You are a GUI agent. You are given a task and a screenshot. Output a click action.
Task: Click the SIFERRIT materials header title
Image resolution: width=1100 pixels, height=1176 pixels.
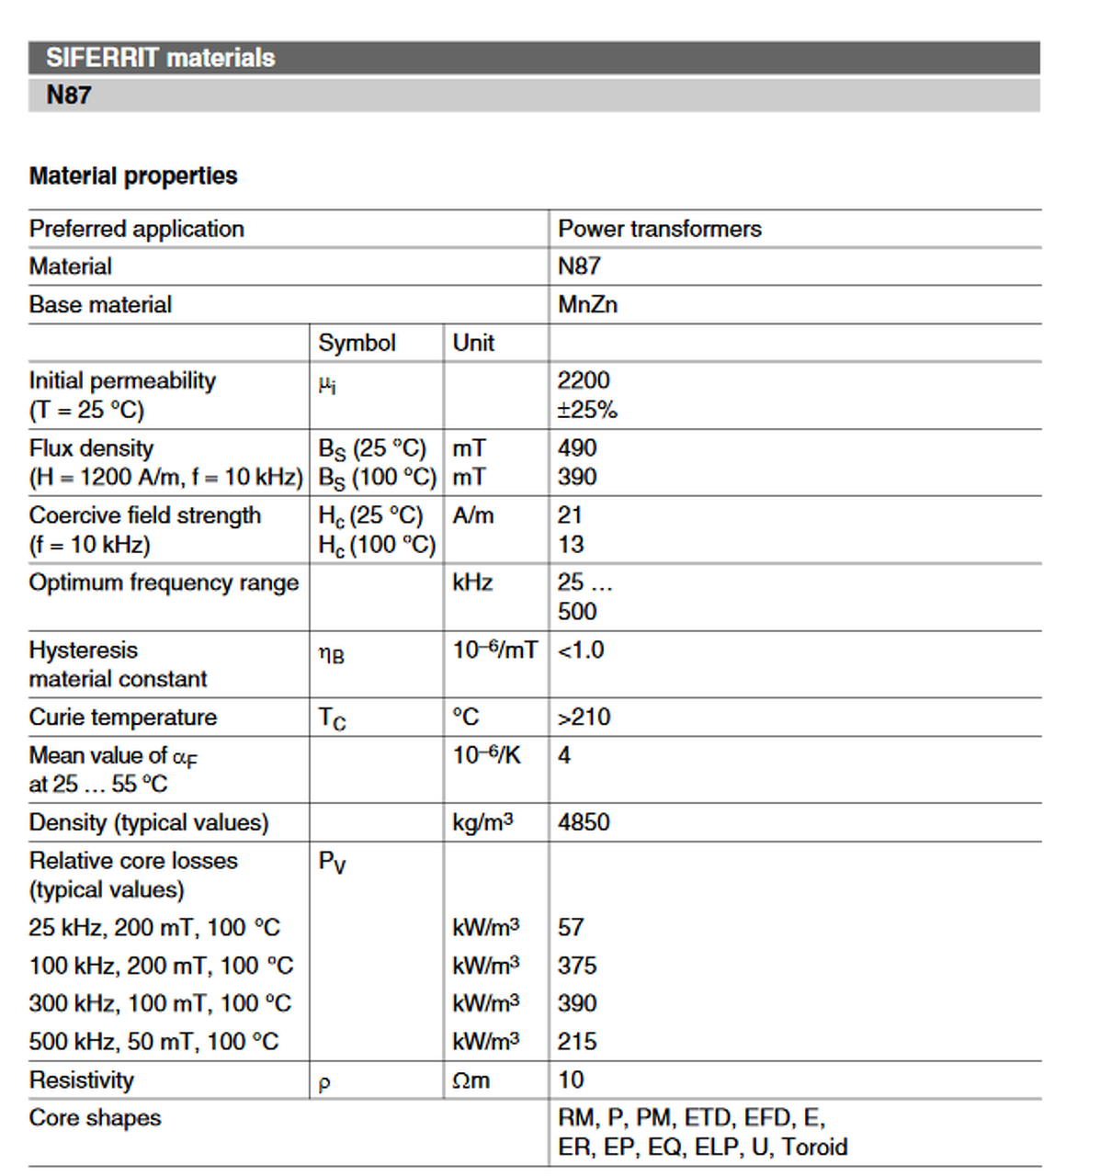[161, 58]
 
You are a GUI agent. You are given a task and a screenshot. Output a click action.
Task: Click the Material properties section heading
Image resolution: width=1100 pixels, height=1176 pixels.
[133, 175]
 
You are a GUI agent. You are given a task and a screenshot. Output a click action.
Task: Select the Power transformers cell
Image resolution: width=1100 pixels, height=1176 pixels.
[659, 229]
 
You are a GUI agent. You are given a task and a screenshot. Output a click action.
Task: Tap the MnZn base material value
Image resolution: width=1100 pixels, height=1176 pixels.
[587, 304]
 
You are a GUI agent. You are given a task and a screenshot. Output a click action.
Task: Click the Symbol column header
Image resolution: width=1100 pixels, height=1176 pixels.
[357, 343]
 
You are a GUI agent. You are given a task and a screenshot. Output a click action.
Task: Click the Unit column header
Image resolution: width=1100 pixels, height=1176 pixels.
[473, 343]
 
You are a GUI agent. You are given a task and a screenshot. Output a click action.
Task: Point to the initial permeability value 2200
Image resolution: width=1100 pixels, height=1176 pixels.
[584, 380]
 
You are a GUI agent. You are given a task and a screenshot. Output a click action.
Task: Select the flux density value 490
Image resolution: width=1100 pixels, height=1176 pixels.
[577, 447]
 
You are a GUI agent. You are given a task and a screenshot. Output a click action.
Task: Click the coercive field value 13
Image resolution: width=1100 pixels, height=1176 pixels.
[571, 544]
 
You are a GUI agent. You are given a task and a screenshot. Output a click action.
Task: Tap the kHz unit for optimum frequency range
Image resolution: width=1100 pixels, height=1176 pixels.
[472, 582]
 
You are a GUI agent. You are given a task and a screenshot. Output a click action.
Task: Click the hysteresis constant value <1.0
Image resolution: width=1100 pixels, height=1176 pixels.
[581, 650]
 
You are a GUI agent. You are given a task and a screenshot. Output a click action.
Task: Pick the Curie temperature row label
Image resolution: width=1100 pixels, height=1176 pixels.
[123, 717]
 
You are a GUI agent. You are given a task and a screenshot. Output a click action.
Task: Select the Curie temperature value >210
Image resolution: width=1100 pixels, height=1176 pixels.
[584, 717]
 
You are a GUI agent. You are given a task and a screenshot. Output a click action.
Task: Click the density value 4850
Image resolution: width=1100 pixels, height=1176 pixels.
[584, 821]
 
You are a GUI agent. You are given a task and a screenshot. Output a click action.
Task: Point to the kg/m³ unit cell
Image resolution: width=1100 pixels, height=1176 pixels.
[482, 821]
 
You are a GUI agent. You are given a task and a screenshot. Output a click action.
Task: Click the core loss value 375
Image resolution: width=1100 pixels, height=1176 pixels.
[577, 966]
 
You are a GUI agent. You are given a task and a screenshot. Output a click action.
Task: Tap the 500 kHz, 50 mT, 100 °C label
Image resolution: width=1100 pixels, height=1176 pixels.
[153, 1041]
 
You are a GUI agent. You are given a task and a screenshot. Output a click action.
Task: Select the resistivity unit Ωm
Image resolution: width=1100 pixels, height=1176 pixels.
[471, 1080]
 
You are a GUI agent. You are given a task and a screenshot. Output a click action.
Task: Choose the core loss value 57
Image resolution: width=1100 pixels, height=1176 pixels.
[571, 927]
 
